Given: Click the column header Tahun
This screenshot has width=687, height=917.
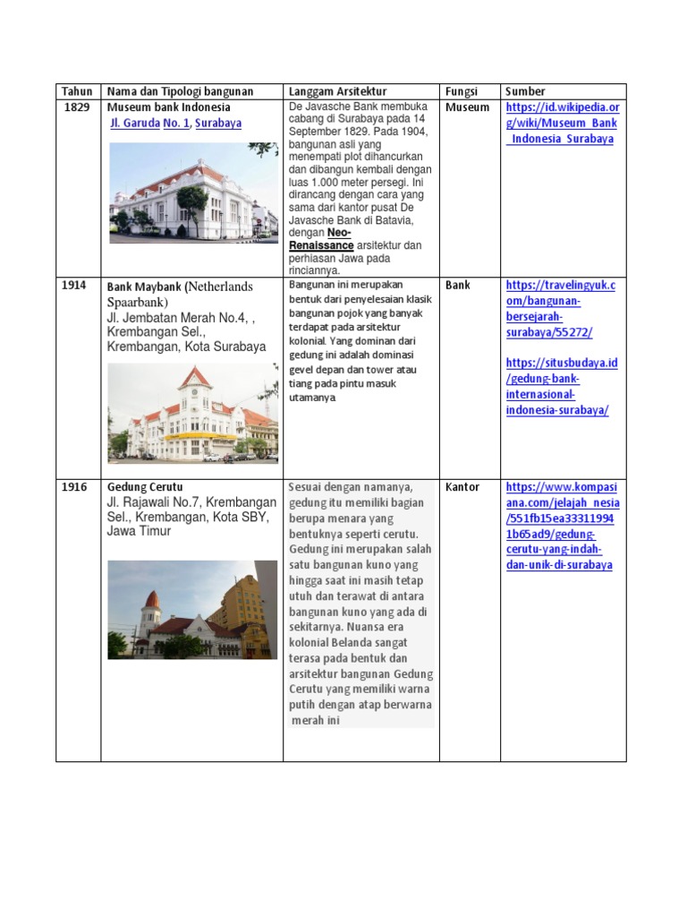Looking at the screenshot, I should [x=77, y=91].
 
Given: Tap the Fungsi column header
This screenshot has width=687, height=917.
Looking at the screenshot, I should [x=462, y=91].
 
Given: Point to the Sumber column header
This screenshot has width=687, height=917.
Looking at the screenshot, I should [x=525, y=91].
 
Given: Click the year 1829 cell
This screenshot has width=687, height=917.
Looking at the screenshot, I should [x=77, y=107].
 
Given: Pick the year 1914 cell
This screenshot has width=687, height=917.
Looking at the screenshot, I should [x=74, y=286].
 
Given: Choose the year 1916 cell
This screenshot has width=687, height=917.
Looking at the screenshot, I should [x=74, y=487].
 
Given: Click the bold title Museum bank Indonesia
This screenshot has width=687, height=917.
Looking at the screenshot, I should [x=169, y=107].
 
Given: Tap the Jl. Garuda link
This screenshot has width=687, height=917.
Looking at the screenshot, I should [x=135, y=124].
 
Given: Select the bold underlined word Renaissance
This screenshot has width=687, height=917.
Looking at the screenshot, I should [x=319, y=244].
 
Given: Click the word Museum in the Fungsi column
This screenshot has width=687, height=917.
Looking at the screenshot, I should [x=467, y=107].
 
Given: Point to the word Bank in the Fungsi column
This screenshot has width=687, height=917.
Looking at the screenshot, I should [x=457, y=286].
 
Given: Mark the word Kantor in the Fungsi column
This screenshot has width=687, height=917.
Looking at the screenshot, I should [x=462, y=487].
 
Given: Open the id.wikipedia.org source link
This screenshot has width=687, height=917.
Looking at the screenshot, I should [x=563, y=124].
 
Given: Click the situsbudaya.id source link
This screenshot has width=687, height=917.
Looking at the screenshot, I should [x=562, y=386].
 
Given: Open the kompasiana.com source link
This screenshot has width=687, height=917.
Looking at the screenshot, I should [x=562, y=527].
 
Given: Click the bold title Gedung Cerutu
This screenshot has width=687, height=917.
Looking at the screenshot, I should [x=145, y=487].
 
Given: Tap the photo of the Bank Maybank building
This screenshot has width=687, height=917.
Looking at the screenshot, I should [x=192, y=414].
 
